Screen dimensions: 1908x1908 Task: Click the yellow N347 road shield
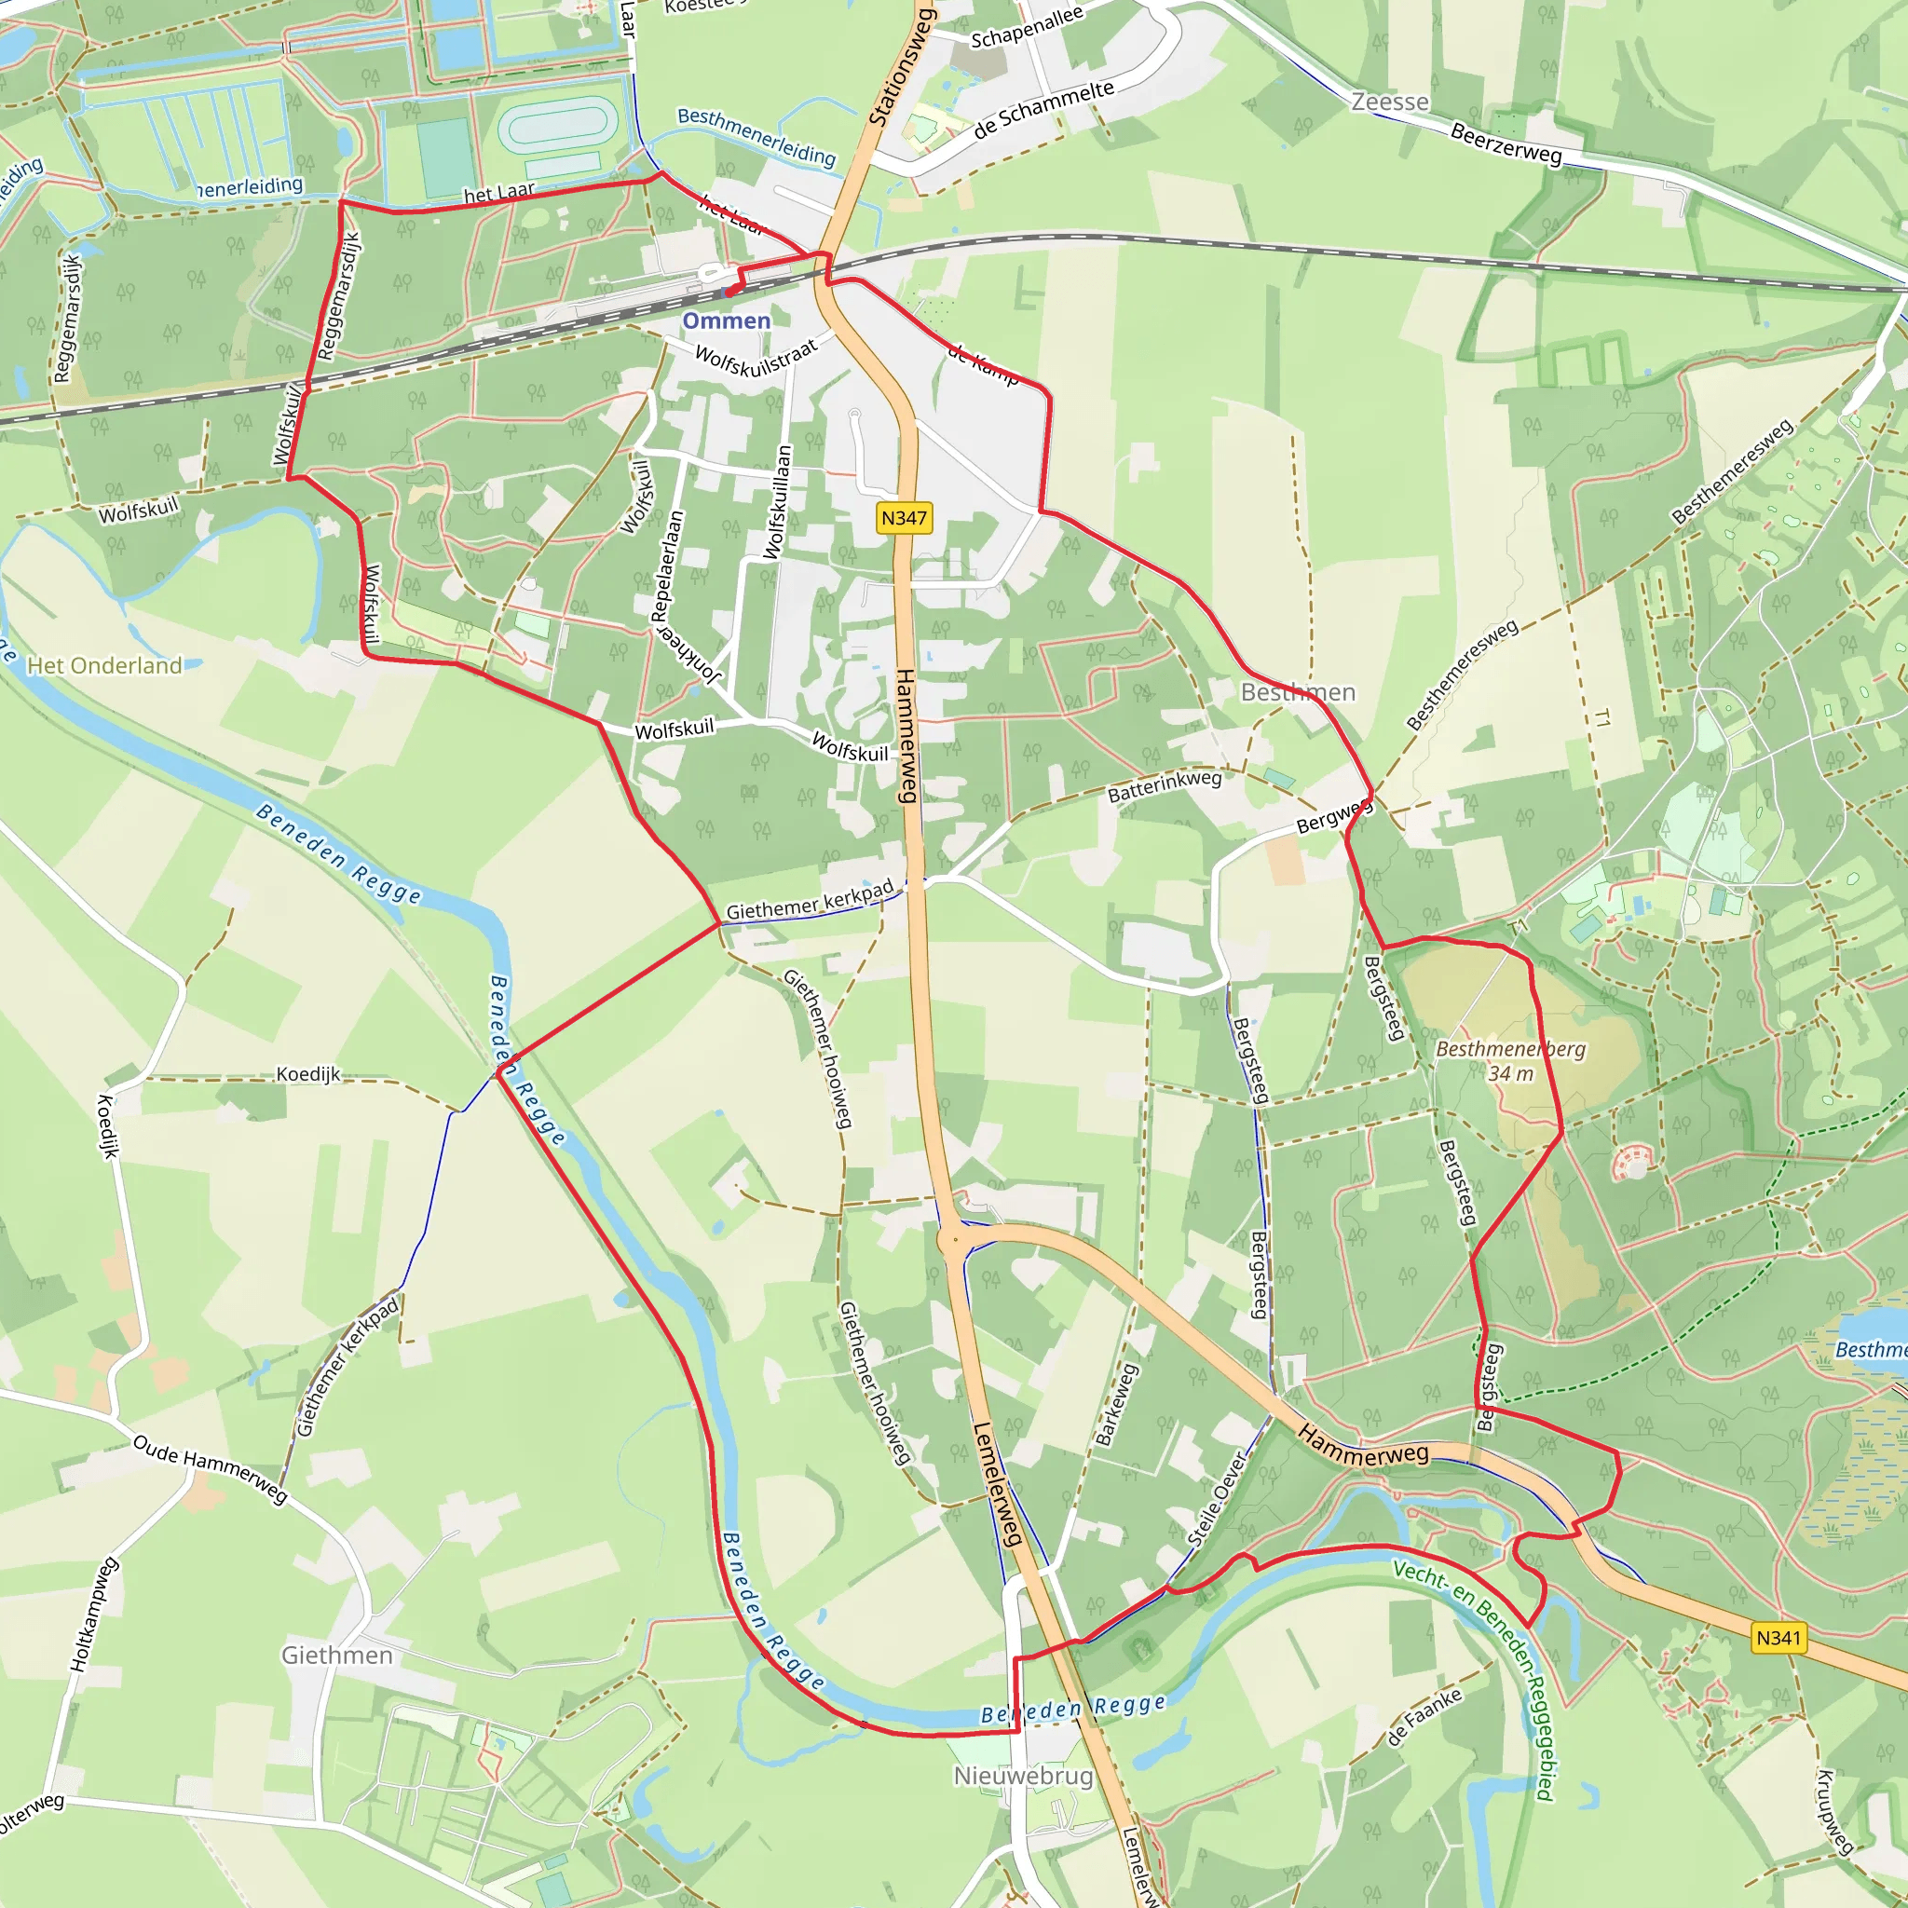tap(904, 517)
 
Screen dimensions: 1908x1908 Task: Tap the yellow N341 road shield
tap(1778, 1638)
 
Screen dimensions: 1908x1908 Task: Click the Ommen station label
tap(726, 321)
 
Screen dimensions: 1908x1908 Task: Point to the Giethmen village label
tap(336, 1656)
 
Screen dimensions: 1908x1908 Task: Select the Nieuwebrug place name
tap(1023, 1776)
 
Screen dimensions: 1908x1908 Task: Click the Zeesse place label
tap(1389, 102)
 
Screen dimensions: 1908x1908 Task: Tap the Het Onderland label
tap(104, 665)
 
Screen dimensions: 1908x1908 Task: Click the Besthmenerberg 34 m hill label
tap(1510, 1060)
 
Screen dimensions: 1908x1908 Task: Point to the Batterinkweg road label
tap(1165, 786)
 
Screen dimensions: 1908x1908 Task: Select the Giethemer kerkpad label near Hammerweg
tap(810, 900)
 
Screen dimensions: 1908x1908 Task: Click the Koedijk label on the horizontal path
tap(308, 1073)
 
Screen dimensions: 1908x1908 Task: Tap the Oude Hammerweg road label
tap(211, 1469)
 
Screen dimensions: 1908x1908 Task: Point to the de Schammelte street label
tap(1043, 109)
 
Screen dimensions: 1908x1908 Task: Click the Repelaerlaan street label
tap(668, 565)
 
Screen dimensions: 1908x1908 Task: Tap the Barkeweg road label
tap(1117, 1404)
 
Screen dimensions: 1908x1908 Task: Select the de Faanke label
tap(1424, 1718)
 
